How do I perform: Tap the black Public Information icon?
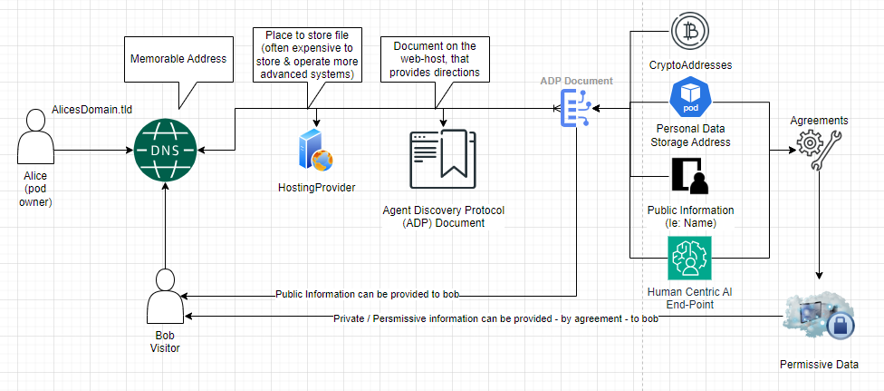(x=690, y=178)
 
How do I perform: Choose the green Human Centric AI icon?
(x=690, y=258)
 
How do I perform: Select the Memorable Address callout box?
(x=179, y=60)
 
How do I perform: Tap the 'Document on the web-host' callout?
(x=435, y=58)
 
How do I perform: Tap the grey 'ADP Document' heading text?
(x=576, y=81)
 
